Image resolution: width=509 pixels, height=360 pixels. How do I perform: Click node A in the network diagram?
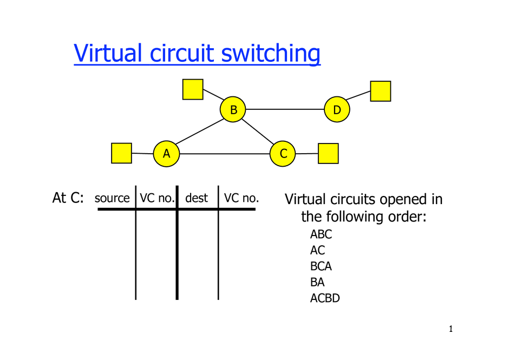click(x=166, y=154)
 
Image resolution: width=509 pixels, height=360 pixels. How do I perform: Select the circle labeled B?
click(x=233, y=110)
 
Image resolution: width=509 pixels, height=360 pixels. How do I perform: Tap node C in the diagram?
click(x=283, y=154)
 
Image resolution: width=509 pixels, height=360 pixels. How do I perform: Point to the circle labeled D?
click(x=337, y=110)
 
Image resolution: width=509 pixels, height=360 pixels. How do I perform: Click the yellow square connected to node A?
click(x=121, y=153)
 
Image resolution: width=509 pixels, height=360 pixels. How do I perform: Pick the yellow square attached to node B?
click(x=193, y=89)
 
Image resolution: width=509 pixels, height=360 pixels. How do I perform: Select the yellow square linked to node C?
click(x=328, y=153)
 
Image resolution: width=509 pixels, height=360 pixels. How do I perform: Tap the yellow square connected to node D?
click(x=380, y=91)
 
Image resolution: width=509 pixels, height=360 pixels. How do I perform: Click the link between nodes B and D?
click(x=285, y=110)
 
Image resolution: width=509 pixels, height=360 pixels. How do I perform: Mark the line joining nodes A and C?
click(x=225, y=154)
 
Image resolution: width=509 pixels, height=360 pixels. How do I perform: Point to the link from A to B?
click(x=199, y=132)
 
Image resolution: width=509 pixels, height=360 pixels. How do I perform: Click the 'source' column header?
click(x=112, y=198)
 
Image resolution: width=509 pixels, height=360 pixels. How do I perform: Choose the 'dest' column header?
click(x=197, y=198)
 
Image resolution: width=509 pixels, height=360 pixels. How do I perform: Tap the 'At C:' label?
click(x=68, y=198)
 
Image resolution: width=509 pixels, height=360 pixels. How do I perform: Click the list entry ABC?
click(x=321, y=234)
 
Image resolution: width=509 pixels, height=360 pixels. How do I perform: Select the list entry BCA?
click(x=321, y=266)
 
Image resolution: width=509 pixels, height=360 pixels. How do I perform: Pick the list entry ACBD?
click(x=325, y=298)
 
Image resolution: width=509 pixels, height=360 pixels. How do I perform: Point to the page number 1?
click(x=451, y=329)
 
